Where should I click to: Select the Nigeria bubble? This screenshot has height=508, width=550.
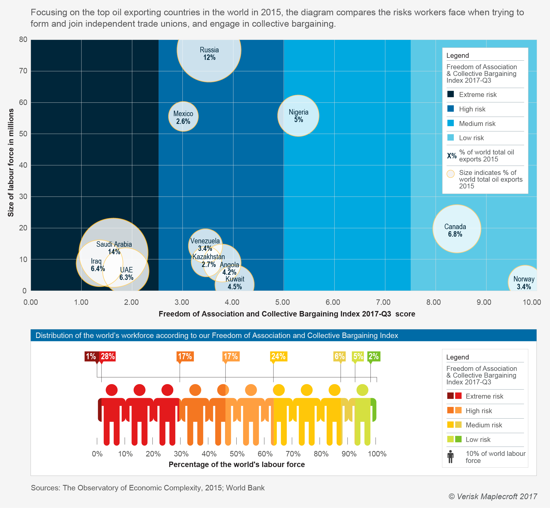click(298, 116)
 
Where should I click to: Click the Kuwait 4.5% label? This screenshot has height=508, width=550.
click(235, 283)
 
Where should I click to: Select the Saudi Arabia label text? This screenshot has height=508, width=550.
click(114, 244)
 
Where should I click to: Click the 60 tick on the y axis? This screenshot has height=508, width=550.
click(23, 103)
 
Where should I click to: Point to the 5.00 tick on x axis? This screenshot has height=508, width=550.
click(283, 302)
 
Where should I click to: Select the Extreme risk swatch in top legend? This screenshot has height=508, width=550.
click(450, 94)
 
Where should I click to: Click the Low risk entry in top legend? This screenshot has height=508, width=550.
click(471, 138)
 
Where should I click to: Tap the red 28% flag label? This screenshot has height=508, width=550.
click(108, 357)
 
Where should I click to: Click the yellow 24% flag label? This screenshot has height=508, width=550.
click(278, 357)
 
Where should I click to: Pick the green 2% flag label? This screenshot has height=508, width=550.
click(374, 357)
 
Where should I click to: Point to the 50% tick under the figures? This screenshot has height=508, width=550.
click(237, 454)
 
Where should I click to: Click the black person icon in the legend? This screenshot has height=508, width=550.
click(450, 456)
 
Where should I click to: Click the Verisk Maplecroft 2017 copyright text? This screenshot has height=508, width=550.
click(492, 496)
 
